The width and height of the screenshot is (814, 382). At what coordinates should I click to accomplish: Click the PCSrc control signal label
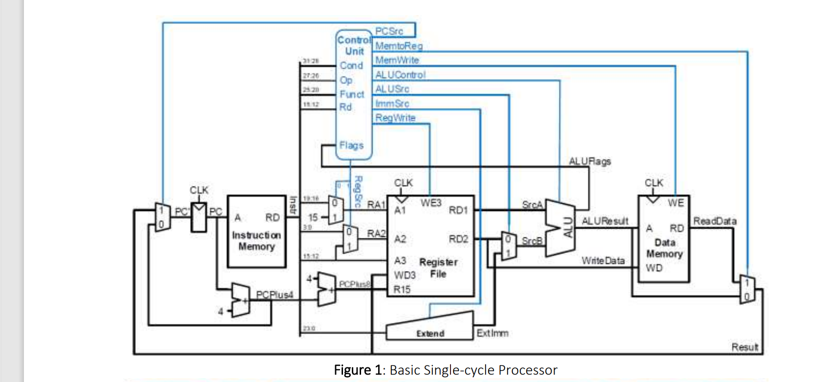click(x=389, y=31)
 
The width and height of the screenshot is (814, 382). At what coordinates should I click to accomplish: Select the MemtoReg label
click(x=399, y=46)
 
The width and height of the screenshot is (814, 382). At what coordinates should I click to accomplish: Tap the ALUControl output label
click(x=400, y=75)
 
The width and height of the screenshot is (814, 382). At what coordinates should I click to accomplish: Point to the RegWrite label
click(x=395, y=118)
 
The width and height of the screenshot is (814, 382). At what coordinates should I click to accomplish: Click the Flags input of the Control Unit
click(x=351, y=146)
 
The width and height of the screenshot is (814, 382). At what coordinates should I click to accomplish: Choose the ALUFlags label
click(x=590, y=161)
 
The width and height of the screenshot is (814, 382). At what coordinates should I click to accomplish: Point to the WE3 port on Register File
click(x=430, y=203)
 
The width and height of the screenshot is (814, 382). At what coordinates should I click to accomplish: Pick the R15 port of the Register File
click(x=402, y=290)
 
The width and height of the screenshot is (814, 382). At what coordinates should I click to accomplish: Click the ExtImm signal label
click(x=493, y=333)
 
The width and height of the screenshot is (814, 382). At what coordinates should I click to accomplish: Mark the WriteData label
click(x=603, y=261)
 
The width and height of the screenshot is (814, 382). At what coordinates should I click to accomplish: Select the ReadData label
click(x=714, y=221)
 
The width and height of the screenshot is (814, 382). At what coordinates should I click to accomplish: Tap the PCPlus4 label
click(x=275, y=295)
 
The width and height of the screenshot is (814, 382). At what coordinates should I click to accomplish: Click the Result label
click(x=745, y=347)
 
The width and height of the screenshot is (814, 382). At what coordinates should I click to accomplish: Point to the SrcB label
click(x=532, y=241)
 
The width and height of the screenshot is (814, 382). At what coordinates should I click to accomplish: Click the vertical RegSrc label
click(x=358, y=191)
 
